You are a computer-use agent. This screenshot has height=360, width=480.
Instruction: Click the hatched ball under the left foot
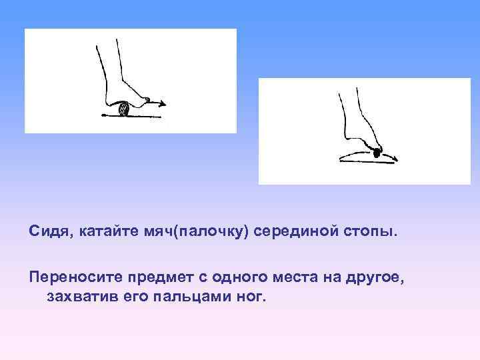[x=124, y=109]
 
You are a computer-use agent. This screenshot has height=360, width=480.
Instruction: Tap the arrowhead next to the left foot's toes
[x=163, y=103]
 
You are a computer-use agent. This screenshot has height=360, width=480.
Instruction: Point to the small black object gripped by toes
[x=377, y=153]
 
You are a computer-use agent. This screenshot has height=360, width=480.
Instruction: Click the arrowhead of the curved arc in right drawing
[x=396, y=159]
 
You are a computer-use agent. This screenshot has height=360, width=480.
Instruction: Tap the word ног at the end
[x=250, y=295]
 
